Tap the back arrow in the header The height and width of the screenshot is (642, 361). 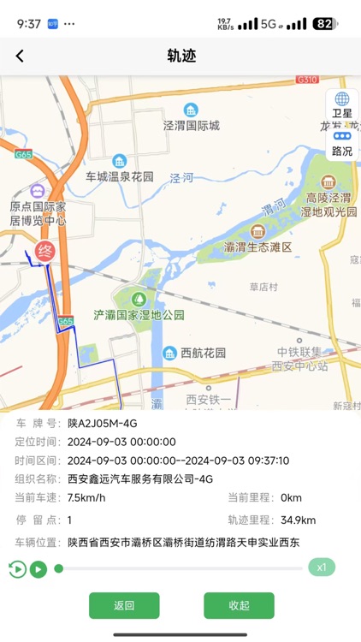[20, 56]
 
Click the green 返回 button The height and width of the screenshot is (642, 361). [124, 605]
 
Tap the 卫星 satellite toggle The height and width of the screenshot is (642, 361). [342, 105]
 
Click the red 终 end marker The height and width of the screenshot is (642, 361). [42, 253]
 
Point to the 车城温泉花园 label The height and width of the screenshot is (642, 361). [119, 176]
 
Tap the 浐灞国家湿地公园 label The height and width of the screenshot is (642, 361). [139, 314]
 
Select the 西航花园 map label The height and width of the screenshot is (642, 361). [203, 353]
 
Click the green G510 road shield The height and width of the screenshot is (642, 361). [306, 80]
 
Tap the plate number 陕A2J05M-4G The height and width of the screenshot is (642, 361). [102, 424]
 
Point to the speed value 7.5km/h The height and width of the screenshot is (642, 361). [86, 497]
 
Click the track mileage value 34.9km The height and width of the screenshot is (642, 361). [297, 520]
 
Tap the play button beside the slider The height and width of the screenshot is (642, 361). [38, 568]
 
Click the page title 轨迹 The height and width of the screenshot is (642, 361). [180, 56]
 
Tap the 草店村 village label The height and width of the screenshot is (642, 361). [264, 287]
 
